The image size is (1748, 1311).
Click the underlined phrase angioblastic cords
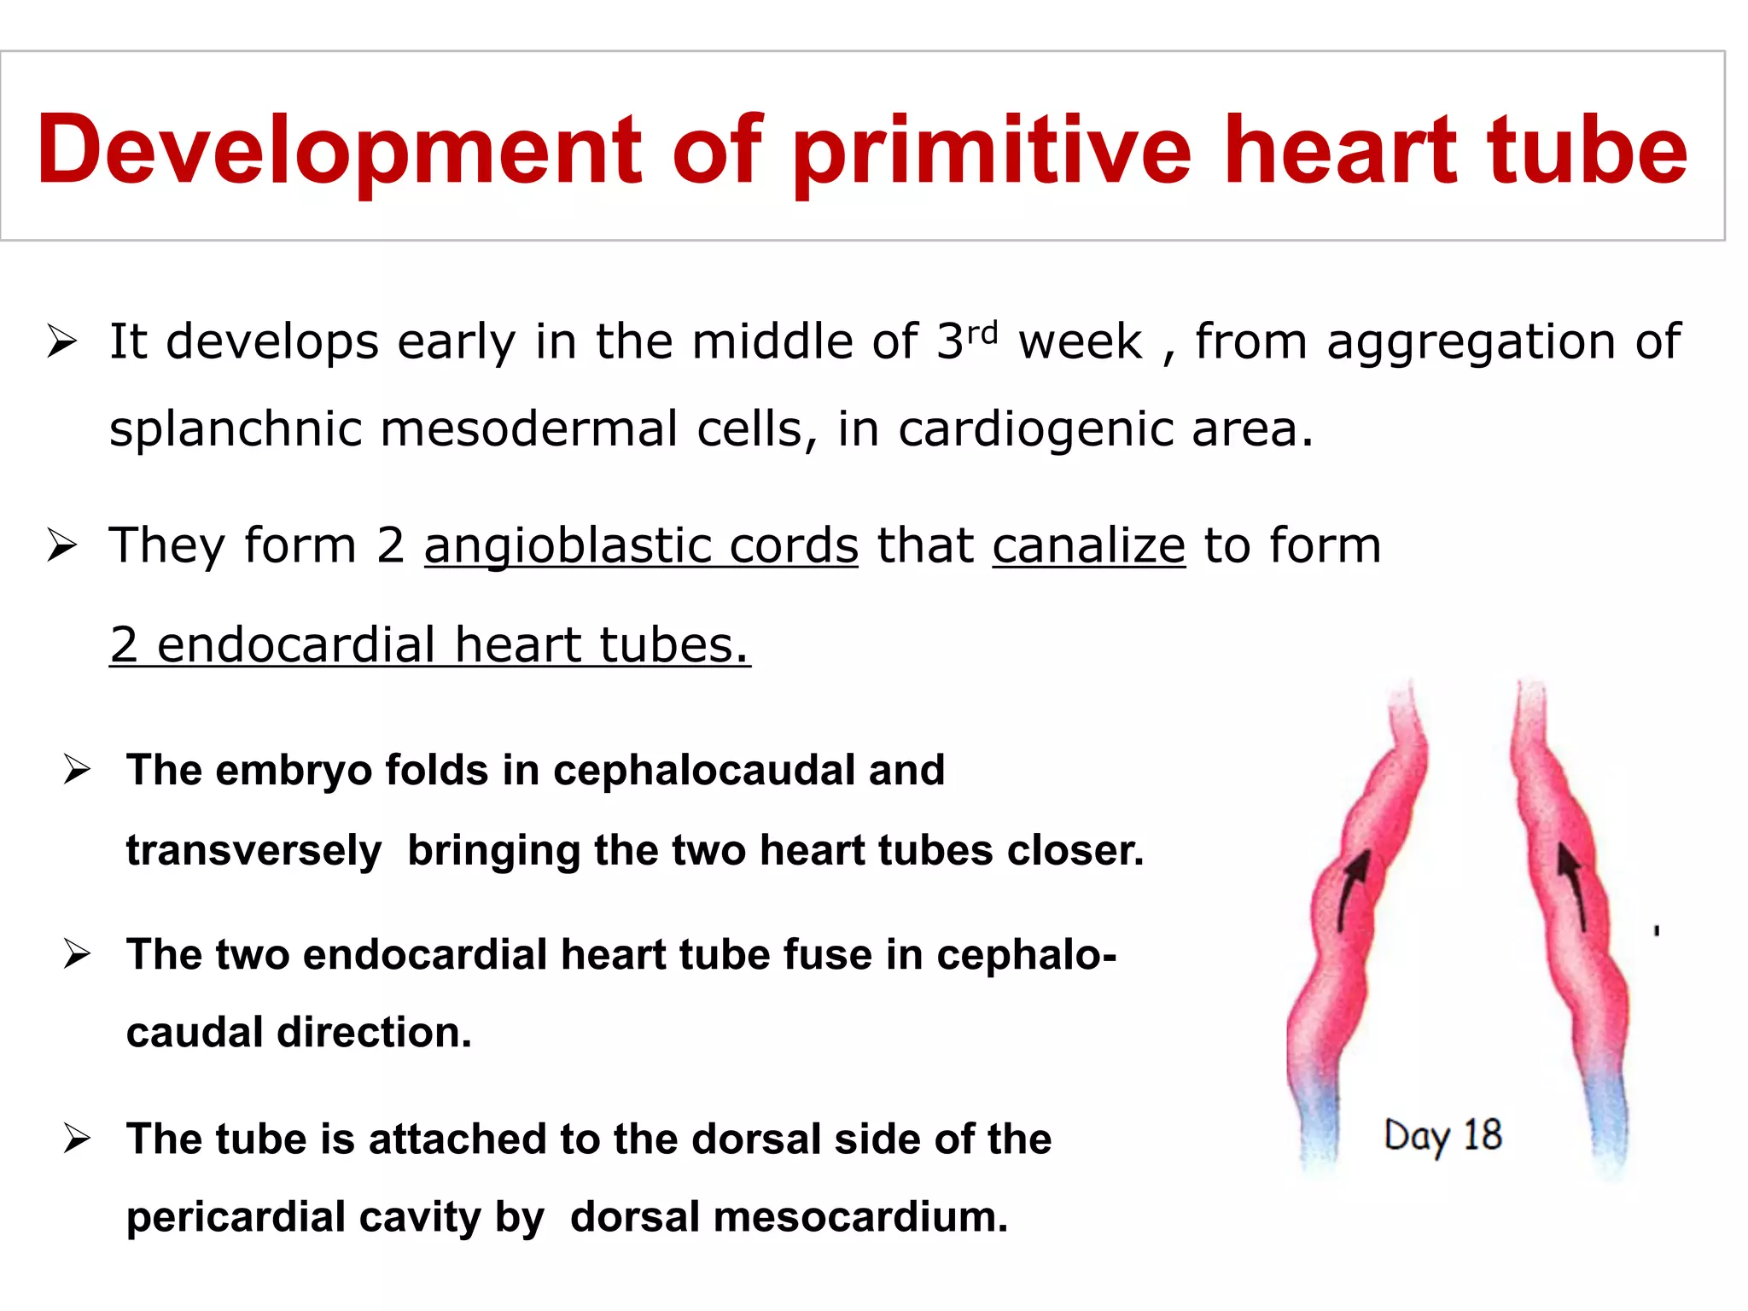coord(640,545)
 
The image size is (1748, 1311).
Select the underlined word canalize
coord(1088,545)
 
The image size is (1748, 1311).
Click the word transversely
coord(253,851)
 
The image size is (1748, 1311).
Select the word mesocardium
coord(859,1217)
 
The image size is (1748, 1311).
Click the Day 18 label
coord(1442,1136)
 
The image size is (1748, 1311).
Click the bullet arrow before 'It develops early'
coord(62,342)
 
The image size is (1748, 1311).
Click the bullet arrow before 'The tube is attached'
coord(77,1139)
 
